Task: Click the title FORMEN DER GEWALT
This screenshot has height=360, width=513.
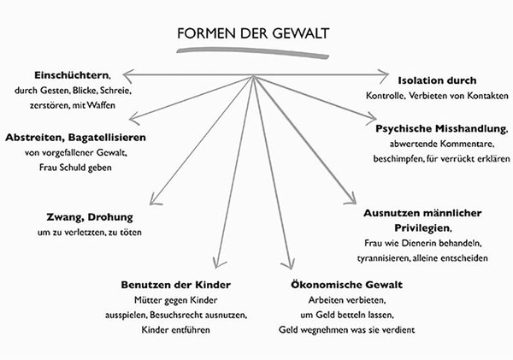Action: coord(253,33)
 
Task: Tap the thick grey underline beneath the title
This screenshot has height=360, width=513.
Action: coord(252,52)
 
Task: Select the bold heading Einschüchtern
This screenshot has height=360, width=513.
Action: coord(71,75)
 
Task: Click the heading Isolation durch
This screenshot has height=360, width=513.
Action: coord(437,80)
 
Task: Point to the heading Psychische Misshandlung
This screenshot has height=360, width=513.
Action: coord(441,128)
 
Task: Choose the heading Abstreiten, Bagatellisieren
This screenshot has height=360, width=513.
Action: coord(75,138)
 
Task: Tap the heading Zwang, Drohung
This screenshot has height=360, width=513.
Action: coord(90,217)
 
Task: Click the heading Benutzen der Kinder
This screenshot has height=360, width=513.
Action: coord(175,285)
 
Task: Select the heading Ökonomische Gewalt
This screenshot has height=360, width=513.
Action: coord(346,285)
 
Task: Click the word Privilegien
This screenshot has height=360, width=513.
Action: coord(422,228)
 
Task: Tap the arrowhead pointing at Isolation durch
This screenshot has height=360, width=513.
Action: coord(382,74)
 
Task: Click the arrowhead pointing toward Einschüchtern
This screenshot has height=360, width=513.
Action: coord(129,74)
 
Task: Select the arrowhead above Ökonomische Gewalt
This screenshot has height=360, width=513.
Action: coord(289,263)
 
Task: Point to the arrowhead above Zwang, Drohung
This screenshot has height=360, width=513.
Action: coord(155,199)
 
